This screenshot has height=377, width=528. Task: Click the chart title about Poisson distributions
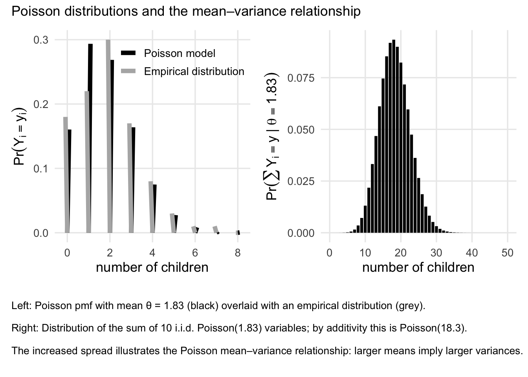(186, 11)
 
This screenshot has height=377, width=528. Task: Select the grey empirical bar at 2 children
(108, 135)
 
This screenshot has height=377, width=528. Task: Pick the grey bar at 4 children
(151, 207)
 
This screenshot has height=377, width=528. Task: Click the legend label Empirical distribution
(194, 71)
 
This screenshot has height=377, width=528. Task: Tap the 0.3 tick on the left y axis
(41, 40)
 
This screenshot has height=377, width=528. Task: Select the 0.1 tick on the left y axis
(41, 168)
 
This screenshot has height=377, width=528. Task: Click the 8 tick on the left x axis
(237, 253)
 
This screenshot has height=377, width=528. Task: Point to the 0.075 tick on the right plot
(301, 78)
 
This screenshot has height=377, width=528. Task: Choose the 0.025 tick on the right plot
(301, 181)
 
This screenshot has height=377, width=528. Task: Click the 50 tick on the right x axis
(508, 253)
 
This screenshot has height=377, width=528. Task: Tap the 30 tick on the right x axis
(436, 253)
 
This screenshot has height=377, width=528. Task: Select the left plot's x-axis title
(152, 267)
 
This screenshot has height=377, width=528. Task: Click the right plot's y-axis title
(272, 137)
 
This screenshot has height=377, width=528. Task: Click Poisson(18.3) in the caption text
(432, 328)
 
